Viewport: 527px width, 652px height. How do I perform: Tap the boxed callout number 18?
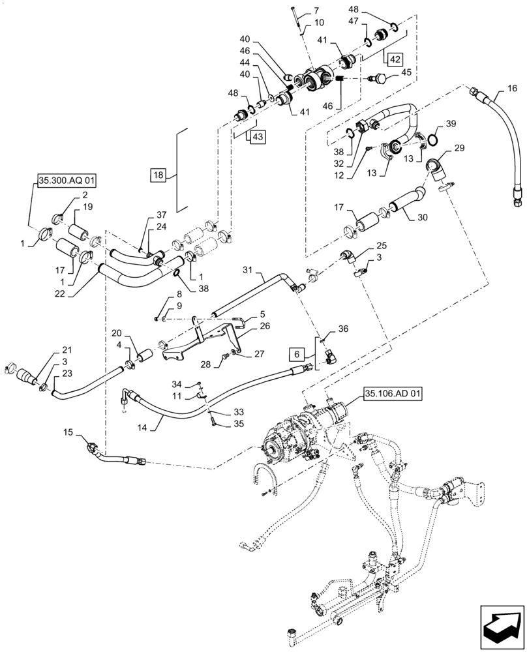point(159,175)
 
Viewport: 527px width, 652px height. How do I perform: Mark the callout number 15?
point(68,432)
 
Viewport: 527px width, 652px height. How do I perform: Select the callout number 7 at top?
point(316,10)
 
